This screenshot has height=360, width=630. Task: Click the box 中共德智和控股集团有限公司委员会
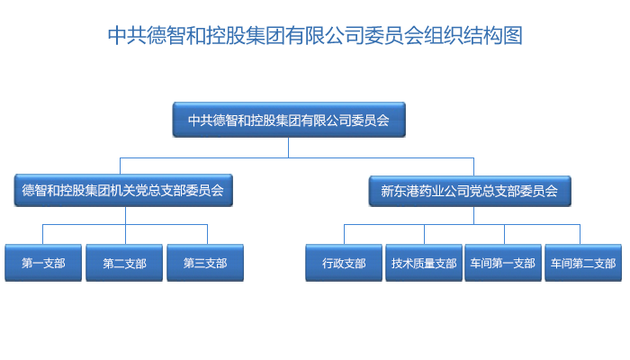tap(289, 120)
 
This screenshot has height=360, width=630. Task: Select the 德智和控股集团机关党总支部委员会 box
tap(123, 191)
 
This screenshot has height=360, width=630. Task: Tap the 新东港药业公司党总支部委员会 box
tap(469, 191)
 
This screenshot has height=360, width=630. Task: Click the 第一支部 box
tap(43, 263)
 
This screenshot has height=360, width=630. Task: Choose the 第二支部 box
tap(124, 263)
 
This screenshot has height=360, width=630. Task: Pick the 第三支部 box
tap(205, 263)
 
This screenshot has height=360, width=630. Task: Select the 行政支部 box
tap(344, 263)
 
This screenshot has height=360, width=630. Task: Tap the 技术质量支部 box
tap(424, 263)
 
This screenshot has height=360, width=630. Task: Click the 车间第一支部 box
tap(503, 263)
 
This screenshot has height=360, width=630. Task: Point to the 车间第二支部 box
tap(583, 263)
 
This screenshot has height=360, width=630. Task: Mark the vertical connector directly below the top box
tap(289, 148)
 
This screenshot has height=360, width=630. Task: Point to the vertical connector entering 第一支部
tap(42, 234)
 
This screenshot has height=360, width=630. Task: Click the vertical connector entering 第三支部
tap(207, 234)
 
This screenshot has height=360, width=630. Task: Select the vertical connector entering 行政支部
tap(345, 234)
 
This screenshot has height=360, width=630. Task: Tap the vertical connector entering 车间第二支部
tap(580, 234)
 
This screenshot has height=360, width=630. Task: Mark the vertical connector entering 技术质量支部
tap(424, 234)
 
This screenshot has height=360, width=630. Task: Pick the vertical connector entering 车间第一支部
tap(504, 234)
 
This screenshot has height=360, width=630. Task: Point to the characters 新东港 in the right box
tap(400, 191)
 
